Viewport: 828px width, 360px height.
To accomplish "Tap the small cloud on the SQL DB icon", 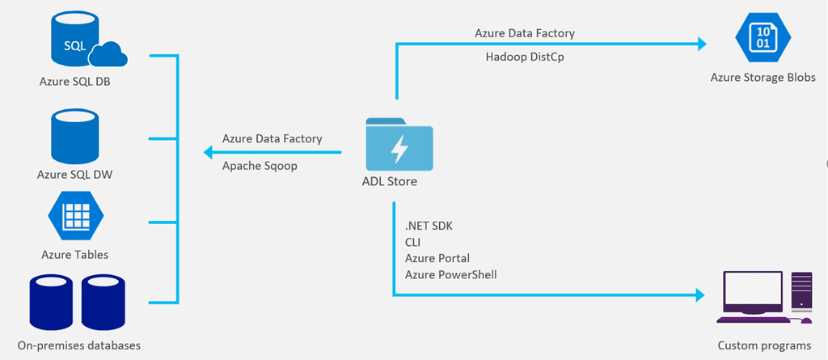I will click(108, 55).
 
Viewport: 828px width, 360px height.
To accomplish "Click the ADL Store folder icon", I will click(399, 145).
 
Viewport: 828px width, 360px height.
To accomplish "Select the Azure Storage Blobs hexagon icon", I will click(762, 38).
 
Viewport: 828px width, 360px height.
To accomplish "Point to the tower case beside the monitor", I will click(801, 292).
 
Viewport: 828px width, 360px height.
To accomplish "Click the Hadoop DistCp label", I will click(525, 57).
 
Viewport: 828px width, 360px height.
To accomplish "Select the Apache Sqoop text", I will click(260, 165).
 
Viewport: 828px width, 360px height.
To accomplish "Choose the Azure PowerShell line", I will click(450, 275).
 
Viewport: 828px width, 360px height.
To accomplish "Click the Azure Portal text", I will click(437, 258).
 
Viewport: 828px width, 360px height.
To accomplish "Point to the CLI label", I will click(413, 241).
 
